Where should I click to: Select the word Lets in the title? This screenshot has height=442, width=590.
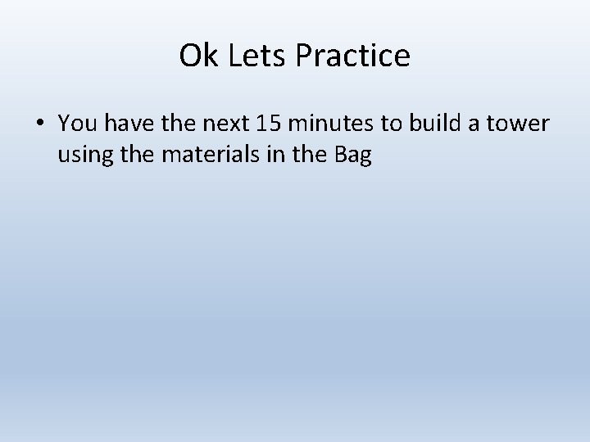coord(244,56)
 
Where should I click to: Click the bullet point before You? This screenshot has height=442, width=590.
coord(40,124)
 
